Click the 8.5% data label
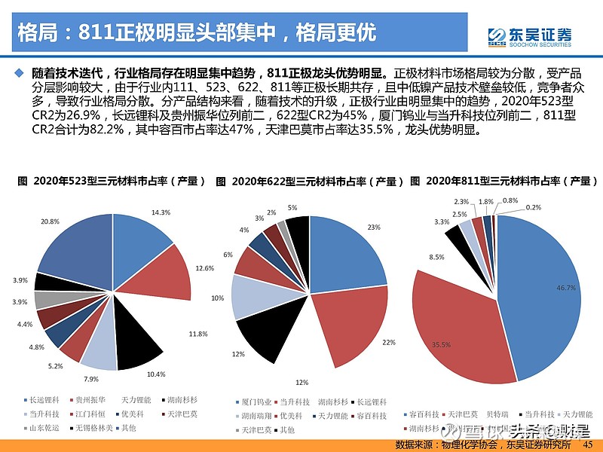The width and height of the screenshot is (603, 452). tap(436, 258)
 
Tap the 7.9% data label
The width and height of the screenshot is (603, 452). tap(91, 379)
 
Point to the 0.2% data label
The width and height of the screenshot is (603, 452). tap(533, 206)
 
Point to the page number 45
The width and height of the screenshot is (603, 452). tap(589, 443)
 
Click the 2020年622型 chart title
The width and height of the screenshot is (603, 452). tap(308, 182)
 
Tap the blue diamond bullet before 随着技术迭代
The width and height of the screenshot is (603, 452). tap(20, 73)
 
